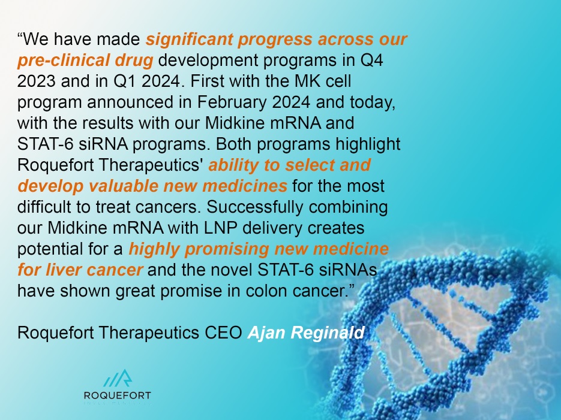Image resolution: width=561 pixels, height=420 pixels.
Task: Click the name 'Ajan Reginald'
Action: click(306, 333)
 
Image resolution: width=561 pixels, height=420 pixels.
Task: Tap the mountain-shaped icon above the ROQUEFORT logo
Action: click(118, 379)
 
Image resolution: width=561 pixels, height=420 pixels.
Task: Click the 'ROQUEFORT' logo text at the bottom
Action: click(118, 395)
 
